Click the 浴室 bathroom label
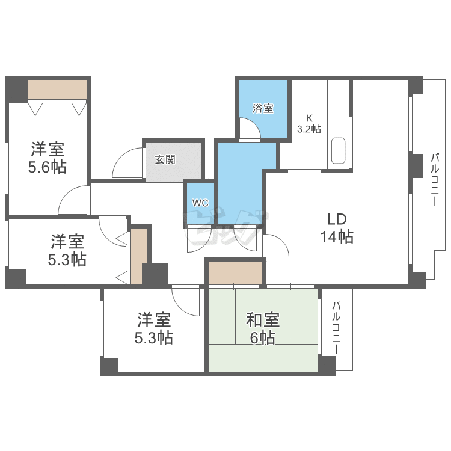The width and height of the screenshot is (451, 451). pos(263,109)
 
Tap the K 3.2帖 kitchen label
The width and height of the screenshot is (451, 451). pos(309,123)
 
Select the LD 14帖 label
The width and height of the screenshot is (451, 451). pos(336,227)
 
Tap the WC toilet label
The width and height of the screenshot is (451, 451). pos(200,203)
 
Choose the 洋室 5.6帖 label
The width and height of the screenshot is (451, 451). pos(48,158)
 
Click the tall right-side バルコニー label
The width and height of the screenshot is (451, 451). pos(434,180)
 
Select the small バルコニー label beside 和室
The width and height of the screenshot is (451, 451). pos(336,327)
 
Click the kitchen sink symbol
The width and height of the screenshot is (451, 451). pos(338,150)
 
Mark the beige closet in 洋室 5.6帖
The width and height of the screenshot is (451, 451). pos(58,90)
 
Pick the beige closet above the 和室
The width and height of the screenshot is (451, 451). pos(236,272)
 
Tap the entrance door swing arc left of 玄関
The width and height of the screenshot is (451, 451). pos(127,164)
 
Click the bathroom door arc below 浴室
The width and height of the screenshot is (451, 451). pos(248,129)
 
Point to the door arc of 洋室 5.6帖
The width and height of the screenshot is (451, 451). pos(75,201)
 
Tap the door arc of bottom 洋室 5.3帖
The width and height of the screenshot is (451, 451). pos(186,300)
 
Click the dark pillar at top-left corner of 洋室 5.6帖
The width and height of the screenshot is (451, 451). pos(16,90)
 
